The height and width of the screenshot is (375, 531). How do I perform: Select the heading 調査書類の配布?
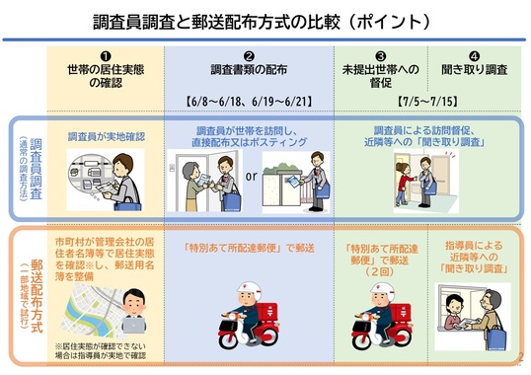click(x=249, y=72)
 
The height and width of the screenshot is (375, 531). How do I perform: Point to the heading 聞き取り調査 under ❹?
click(x=475, y=72)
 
